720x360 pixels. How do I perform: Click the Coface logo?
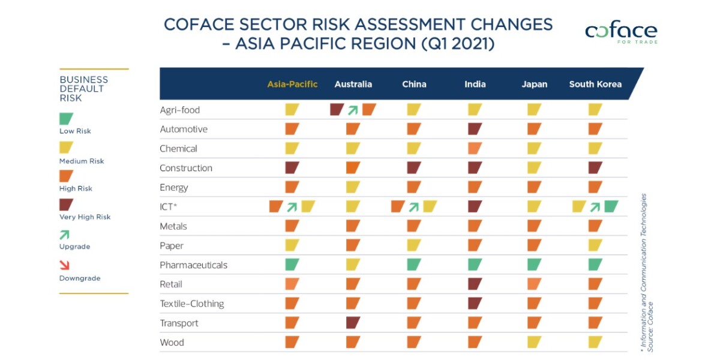tap(621, 32)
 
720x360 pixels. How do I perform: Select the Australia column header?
tap(353, 84)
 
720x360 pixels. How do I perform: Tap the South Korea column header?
tap(595, 84)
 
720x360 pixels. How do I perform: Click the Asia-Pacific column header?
tap(292, 84)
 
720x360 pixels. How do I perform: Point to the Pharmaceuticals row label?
tap(193, 265)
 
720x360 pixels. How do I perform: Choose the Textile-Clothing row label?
tap(191, 304)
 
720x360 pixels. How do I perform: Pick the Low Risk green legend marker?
tap(67, 119)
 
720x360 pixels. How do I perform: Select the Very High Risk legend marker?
tap(67, 205)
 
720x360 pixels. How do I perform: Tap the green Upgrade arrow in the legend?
tap(65, 235)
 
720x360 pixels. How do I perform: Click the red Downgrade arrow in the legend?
tap(65, 265)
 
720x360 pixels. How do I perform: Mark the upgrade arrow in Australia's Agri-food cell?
tap(353, 110)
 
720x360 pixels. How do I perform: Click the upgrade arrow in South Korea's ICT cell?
tap(595, 207)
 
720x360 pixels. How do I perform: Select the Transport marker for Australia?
tap(353, 323)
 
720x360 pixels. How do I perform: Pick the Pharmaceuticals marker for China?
tap(414, 265)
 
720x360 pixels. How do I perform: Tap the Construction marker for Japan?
tap(534, 168)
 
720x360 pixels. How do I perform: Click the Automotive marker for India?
tap(475, 129)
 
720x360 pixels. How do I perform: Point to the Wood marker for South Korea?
tap(595, 342)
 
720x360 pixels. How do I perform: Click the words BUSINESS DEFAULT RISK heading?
tap(83, 89)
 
